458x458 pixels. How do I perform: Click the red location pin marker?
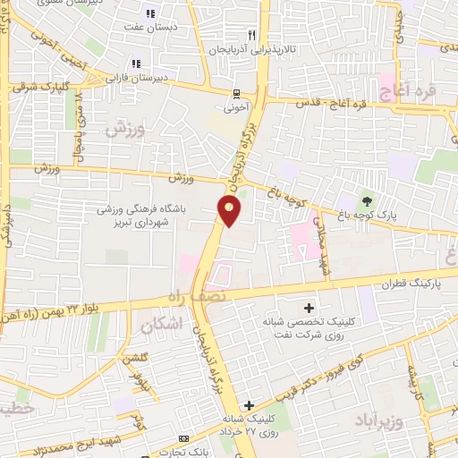click(230, 211)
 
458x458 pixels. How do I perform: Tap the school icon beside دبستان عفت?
click(150, 13)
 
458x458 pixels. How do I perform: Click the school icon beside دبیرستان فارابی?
click(136, 63)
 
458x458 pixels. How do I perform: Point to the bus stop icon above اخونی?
click(236, 92)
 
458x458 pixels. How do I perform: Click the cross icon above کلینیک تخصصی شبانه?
click(310, 308)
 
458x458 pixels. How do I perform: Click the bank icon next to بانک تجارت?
click(183, 439)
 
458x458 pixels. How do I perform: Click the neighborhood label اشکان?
click(161, 327)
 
